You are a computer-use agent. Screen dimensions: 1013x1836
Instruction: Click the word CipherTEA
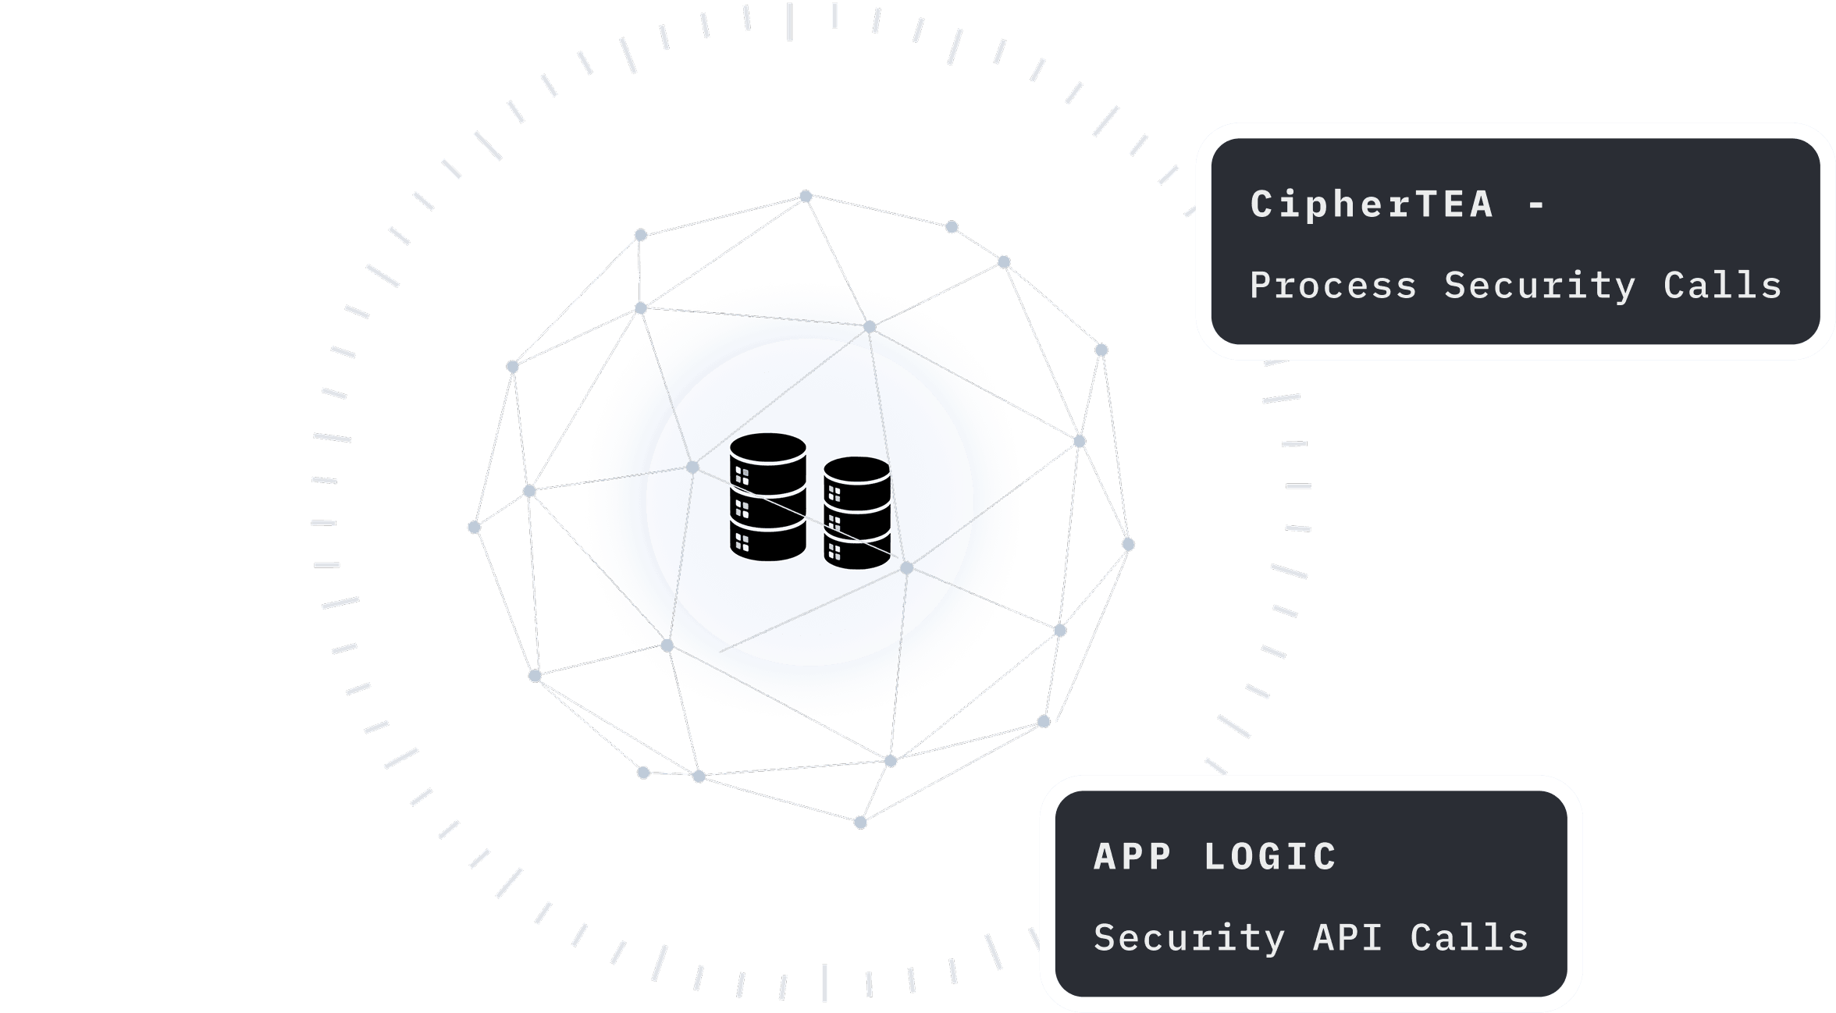point(1372,204)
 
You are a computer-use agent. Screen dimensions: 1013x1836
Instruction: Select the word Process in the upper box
point(1333,286)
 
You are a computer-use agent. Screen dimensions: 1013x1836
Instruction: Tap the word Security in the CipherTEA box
point(1539,286)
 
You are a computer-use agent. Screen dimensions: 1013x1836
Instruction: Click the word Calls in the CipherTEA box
point(1722,286)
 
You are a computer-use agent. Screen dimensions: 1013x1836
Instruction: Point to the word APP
point(1132,857)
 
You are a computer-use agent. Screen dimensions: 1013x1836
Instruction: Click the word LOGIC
point(1270,857)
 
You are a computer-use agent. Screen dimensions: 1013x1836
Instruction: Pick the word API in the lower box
point(1347,937)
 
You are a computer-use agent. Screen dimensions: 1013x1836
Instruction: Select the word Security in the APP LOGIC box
point(1189,937)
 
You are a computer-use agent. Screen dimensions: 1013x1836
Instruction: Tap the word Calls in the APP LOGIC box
point(1469,937)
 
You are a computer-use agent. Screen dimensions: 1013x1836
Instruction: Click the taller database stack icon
point(768,497)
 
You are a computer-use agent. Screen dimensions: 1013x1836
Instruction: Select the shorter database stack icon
point(857,513)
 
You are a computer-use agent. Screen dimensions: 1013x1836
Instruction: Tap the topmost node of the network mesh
point(806,197)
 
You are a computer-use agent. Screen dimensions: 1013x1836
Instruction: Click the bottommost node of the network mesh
point(860,822)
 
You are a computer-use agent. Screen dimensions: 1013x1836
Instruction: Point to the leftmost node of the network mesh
point(474,528)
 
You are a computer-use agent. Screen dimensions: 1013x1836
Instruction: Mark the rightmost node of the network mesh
point(1128,545)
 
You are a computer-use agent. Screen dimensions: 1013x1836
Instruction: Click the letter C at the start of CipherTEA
point(1261,204)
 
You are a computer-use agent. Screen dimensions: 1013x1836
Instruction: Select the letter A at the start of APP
point(1104,857)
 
